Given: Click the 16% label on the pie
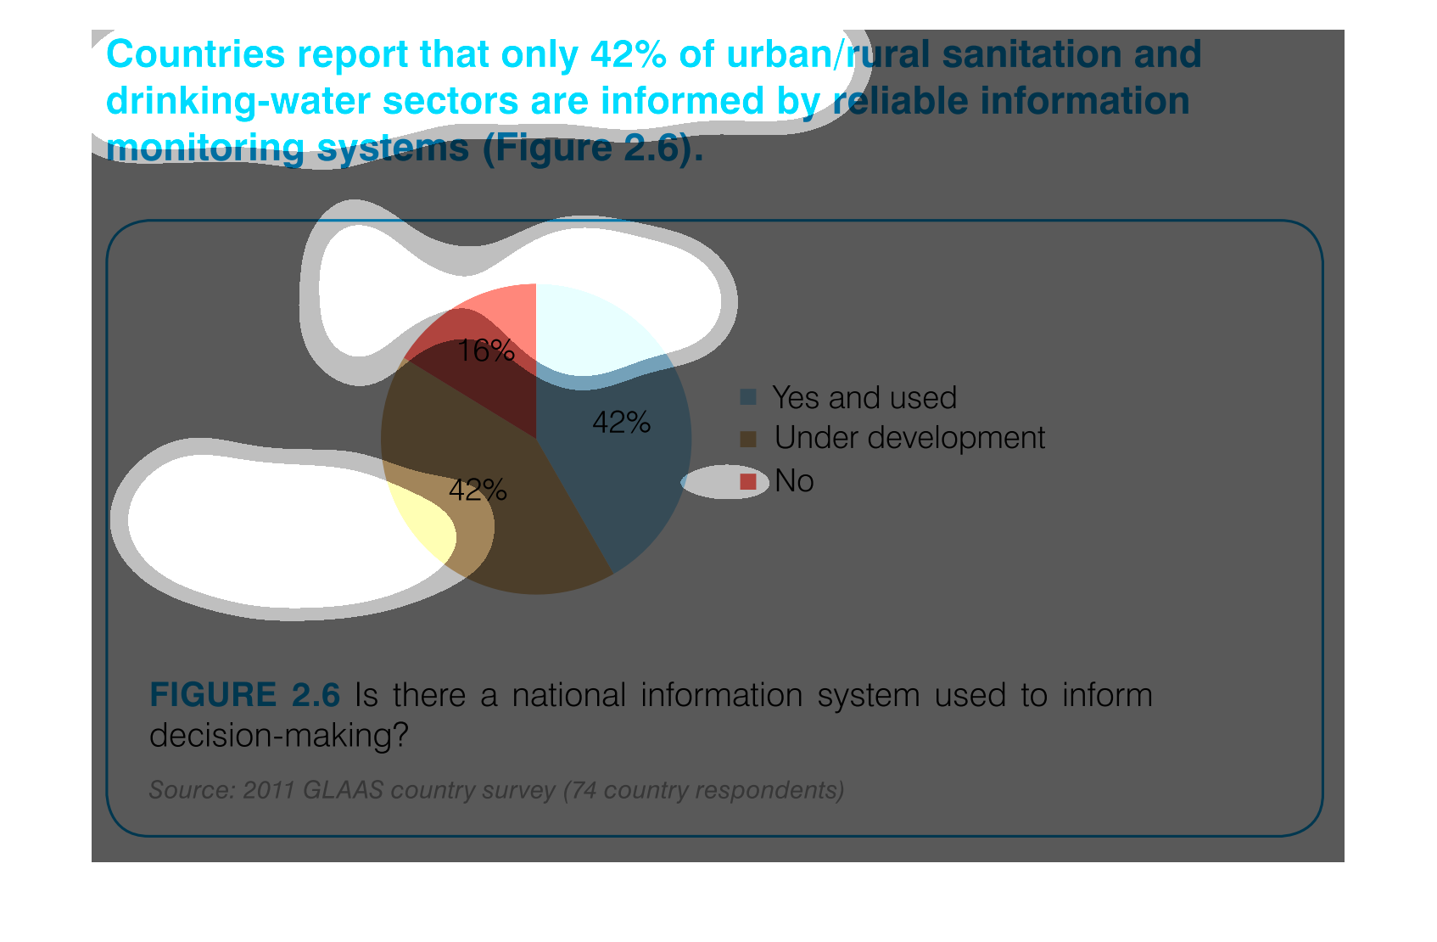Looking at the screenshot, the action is [485, 351].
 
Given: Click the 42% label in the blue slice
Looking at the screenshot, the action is [621, 423].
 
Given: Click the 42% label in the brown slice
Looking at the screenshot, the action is [478, 491].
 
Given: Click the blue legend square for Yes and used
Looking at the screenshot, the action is [748, 397].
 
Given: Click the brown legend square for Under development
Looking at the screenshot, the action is [748, 439].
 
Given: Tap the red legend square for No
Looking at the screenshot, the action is [748, 481].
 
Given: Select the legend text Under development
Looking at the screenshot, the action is [909, 438].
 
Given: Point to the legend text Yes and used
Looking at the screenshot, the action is [864, 398].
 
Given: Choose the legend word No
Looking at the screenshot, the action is [794, 480].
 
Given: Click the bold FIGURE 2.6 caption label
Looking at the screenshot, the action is [244, 695].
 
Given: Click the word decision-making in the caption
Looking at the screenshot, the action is [278, 736].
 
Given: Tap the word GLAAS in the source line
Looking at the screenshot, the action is [343, 790].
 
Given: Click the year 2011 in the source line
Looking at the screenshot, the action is [269, 790].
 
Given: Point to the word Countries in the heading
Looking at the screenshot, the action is [196, 54].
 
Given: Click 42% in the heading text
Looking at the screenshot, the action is [629, 54].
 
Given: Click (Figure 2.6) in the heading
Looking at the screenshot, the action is [593, 149].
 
